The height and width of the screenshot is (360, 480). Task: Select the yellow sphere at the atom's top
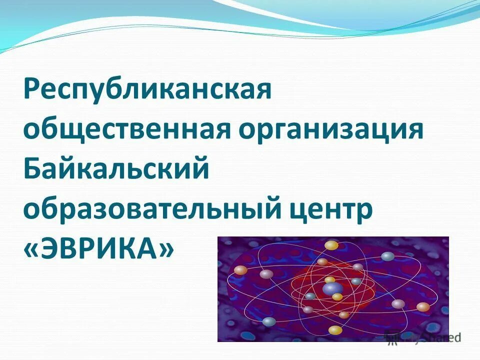pyautogui.click(x=331, y=245)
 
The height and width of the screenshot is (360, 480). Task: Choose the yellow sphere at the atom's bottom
pyautogui.click(x=335, y=329)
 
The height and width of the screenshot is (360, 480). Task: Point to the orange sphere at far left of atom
pyautogui.click(x=241, y=270)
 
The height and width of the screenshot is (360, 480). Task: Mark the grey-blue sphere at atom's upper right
pyautogui.click(x=388, y=256)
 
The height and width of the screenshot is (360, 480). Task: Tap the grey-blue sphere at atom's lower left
pyautogui.click(x=269, y=321)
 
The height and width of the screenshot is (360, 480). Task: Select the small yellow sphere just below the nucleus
pyautogui.click(x=337, y=297)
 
